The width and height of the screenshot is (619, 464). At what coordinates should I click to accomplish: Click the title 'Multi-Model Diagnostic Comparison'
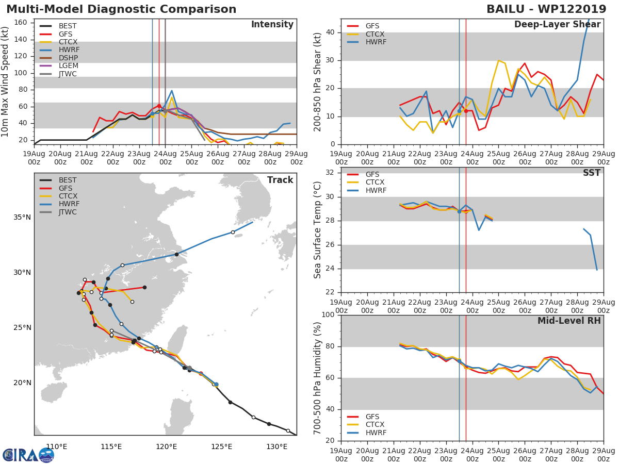[x=121, y=9]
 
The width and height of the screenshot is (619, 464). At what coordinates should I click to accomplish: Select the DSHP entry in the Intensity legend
[x=68, y=58]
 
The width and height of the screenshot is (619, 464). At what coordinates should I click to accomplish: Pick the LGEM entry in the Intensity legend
[x=68, y=65]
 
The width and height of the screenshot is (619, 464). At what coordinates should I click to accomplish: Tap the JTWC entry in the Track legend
[x=68, y=212]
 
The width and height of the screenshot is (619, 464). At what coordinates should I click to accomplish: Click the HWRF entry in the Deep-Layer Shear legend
[x=376, y=42]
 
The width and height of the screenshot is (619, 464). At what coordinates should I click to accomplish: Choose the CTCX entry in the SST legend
[x=376, y=183]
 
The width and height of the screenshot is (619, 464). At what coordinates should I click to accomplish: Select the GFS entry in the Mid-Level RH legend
[x=376, y=417]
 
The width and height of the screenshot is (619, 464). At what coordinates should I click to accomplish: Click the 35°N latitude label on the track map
[x=22, y=217]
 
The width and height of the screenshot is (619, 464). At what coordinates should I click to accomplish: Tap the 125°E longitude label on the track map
[x=221, y=446]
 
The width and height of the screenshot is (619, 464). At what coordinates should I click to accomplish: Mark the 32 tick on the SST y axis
[x=330, y=173]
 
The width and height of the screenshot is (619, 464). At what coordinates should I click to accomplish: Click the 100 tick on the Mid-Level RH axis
[x=328, y=315]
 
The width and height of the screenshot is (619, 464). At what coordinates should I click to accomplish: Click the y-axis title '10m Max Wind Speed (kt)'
[x=6, y=81]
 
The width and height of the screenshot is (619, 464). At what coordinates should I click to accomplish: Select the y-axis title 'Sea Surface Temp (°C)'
[x=318, y=230]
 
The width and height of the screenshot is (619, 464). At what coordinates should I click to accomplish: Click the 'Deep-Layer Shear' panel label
[x=557, y=25]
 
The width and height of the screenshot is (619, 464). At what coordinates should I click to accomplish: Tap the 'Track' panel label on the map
[x=280, y=180]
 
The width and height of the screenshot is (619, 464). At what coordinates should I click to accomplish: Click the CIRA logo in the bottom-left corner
[x=28, y=455]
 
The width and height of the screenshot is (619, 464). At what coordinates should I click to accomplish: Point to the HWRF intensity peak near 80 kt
[x=172, y=91]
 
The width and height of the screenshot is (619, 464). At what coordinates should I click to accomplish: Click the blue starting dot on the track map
[x=216, y=384]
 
